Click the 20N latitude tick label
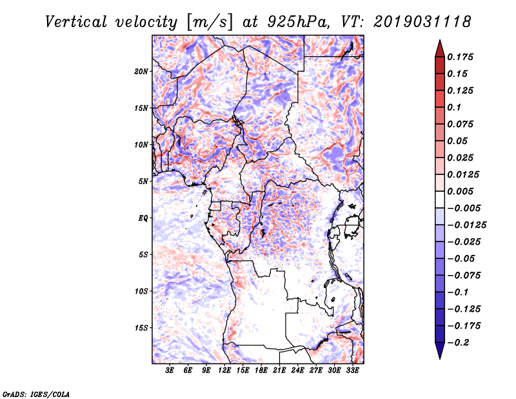coord(141,71)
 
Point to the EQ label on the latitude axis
coord(143,218)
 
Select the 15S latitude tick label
coord(141,328)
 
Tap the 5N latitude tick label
coord(143,181)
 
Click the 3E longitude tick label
coord(170,371)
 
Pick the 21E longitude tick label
coord(279,371)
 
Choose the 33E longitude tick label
coord(352,371)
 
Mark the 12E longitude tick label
coord(224,371)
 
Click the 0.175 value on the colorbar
coord(461,57)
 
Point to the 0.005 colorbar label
coord(461,191)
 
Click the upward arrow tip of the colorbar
coord(439,42)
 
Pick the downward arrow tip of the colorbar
coord(439,356)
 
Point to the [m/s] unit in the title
coord(208,21)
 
